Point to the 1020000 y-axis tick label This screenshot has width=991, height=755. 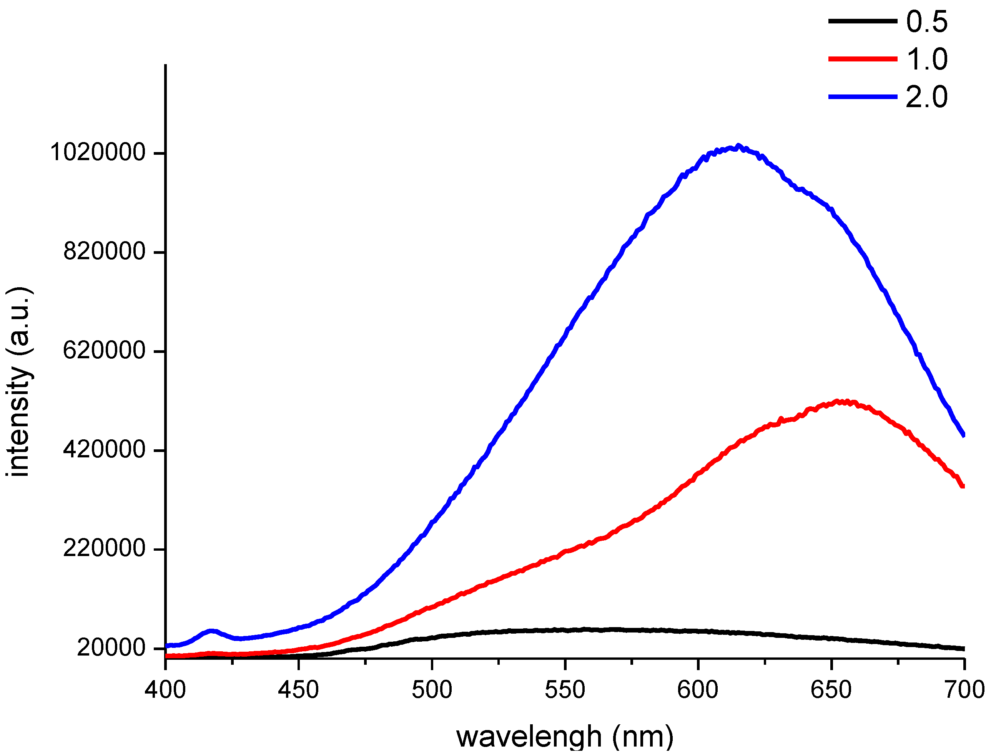point(98,152)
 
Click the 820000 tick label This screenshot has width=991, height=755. point(104,251)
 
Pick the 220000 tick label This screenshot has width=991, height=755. point(104,548)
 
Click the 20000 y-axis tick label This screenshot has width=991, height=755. point(111,647)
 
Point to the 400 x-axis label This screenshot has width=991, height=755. point(165,690)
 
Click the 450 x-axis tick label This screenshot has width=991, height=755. point(298,690)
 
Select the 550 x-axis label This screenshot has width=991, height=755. point(565,690)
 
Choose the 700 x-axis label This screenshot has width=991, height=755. point(964,690)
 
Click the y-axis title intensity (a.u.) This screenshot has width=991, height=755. point(19,382)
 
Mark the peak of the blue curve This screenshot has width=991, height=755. point(738,146)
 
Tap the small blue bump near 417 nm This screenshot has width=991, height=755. point(211,631)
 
